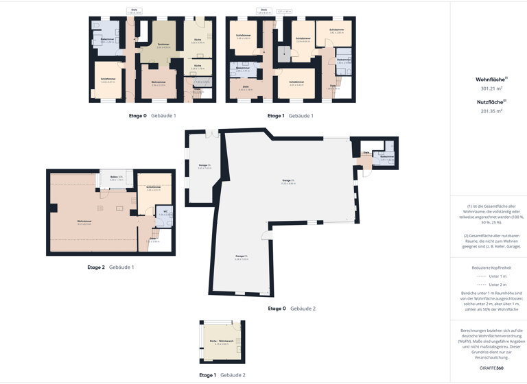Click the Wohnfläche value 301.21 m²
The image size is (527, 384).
491,88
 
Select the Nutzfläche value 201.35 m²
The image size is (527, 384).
491,110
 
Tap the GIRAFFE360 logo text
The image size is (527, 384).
491,368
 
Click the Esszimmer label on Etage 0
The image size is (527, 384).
163,45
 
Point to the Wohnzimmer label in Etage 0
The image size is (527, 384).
159,82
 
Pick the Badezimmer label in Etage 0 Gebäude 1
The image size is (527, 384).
107,39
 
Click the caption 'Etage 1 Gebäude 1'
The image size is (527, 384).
290,116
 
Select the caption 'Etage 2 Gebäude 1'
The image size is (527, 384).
110,267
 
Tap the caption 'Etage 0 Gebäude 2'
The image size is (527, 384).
292,309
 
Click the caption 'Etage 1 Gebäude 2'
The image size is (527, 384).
222,375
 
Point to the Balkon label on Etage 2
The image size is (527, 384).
116,177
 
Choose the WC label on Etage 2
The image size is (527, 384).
165,211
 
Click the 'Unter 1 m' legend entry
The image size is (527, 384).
497,276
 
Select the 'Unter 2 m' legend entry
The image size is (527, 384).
497,285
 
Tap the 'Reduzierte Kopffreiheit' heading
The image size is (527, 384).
491,267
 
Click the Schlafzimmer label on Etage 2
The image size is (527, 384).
154,187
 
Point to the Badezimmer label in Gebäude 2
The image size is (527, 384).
387,156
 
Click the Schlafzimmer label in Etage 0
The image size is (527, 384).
108,80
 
